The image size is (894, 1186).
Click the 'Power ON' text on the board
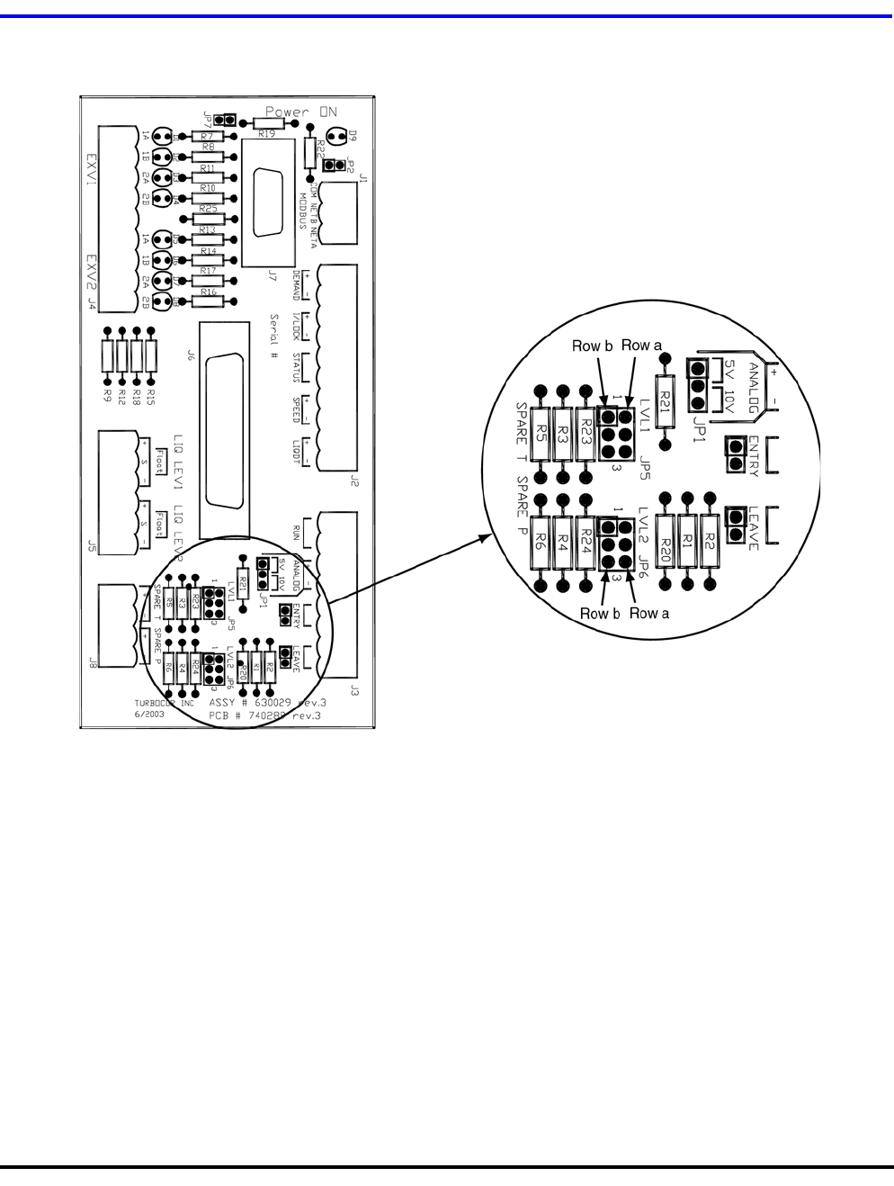click(x=301, y=112)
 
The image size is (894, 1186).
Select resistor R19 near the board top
click(x=267, y=123)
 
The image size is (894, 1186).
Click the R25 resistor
click(x=209, y=219)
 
